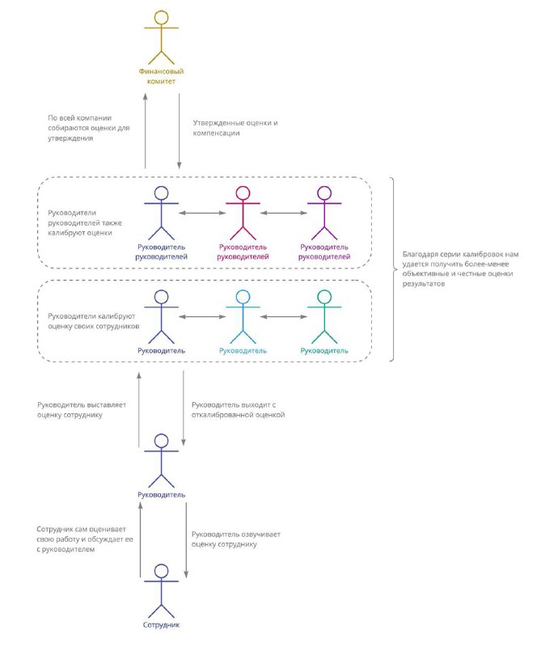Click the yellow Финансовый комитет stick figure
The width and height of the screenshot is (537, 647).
tap(161, 37)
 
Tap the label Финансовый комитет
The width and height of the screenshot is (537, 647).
tap(161, 76)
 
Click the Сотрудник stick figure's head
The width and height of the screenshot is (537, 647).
tap(162, 571)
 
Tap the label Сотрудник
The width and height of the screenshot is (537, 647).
tap(161, 624)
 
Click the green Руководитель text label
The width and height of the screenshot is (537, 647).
tap(324, 351)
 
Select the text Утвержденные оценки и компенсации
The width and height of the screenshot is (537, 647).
tap(235, 128)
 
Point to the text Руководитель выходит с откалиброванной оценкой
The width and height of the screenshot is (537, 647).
tap(238, 410)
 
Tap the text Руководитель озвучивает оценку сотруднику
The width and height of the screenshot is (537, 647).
tap(235, 539)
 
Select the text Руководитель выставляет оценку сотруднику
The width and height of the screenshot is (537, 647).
tap(82, 410)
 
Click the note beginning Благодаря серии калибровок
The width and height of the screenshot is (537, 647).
tap(460, 269)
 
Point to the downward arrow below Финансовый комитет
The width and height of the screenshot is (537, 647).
tap(180, 131)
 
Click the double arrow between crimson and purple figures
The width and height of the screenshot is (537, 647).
tap(284, 213)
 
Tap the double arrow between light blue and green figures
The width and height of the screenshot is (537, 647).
tap(284, 316)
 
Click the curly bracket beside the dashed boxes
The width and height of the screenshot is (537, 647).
tap(393, 269)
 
